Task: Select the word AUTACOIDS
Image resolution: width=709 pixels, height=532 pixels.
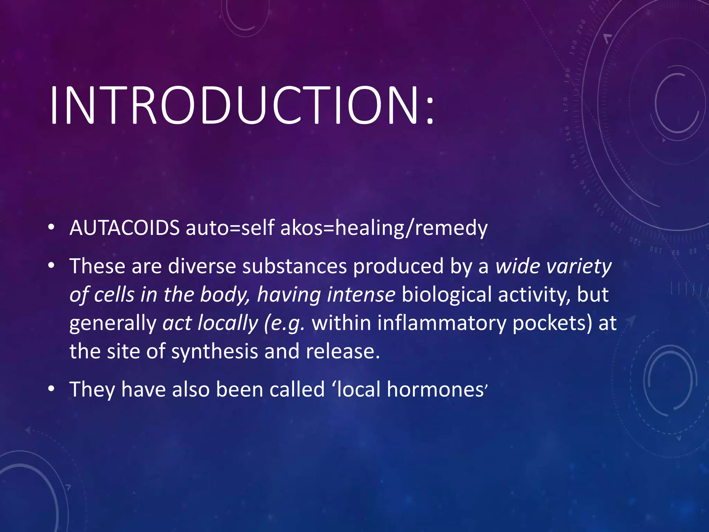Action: click(x=124, y=228)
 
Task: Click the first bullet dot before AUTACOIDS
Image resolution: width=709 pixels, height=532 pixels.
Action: click(x=51, y=228)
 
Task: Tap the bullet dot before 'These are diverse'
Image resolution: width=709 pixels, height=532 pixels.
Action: click(x=51, y=266)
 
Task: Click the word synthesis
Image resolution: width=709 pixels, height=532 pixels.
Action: click(x=214, y=352)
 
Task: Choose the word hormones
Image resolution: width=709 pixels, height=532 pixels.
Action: click(x=435, y=389)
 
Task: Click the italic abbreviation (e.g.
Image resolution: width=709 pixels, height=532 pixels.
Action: click(x=284, y=323)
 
